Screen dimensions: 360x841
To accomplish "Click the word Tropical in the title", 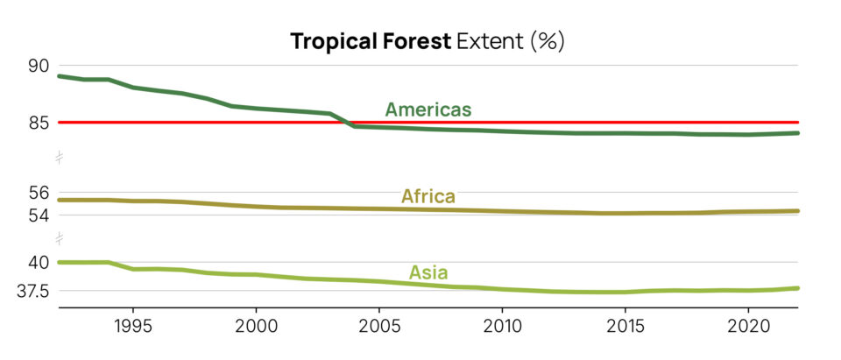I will click(325, 41).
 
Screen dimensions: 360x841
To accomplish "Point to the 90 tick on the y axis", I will click(39, 66).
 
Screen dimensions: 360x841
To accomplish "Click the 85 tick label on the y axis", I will click(39, 123).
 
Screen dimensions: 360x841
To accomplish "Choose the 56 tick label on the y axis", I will click(39, 193).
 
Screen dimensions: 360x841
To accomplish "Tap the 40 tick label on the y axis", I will click(39, 263).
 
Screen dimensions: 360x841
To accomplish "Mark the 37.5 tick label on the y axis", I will click(32, 291).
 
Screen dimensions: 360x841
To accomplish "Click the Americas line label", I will click(428, 109).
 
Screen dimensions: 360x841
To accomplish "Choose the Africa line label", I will click(428, 196).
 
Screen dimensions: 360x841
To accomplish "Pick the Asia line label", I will click(428, 272).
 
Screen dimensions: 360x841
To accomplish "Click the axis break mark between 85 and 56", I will click(59, 158).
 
